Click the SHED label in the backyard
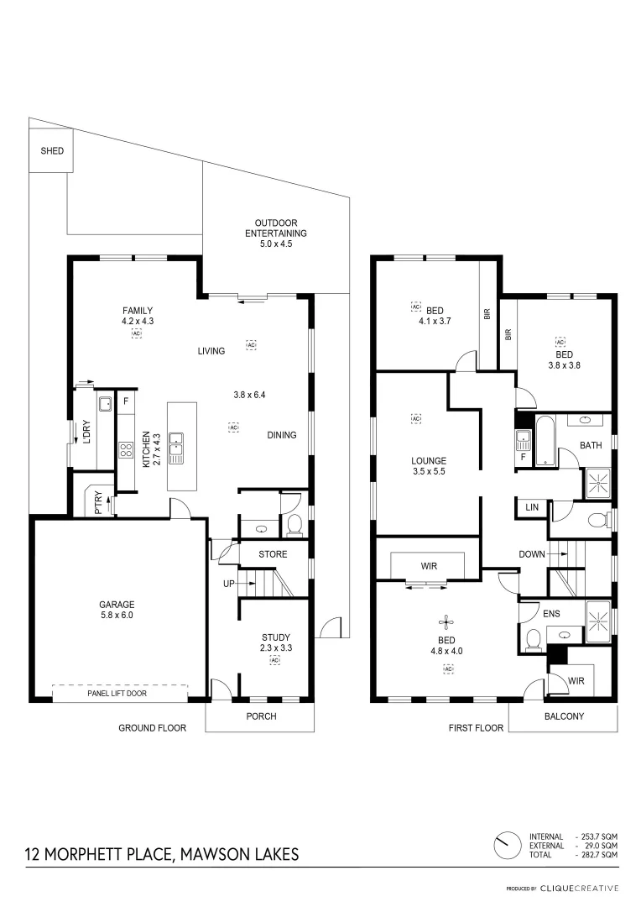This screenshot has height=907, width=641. tap(47, 152)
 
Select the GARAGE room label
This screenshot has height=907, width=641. tap(117, 604)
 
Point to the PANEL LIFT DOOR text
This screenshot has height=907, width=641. tap(119, 695)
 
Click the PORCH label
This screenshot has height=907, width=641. tap(260, 716)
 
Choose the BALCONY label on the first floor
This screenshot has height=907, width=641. tap(564, 716)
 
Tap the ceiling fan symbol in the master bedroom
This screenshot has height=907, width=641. tap(446, 622)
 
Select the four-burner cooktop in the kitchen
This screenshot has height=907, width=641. tap(126, 449)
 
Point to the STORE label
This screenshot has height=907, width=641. tap(273, 554)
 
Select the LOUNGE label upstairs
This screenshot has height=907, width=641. tap(428, 461)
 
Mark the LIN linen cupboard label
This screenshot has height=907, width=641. tap(532, 507)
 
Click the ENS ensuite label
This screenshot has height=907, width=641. tap(551, 614)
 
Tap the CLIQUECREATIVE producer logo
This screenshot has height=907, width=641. tap(580, 888)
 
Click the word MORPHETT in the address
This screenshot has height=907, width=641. tap(86, 855)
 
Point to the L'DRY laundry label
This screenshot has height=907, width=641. tap(86, 432)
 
